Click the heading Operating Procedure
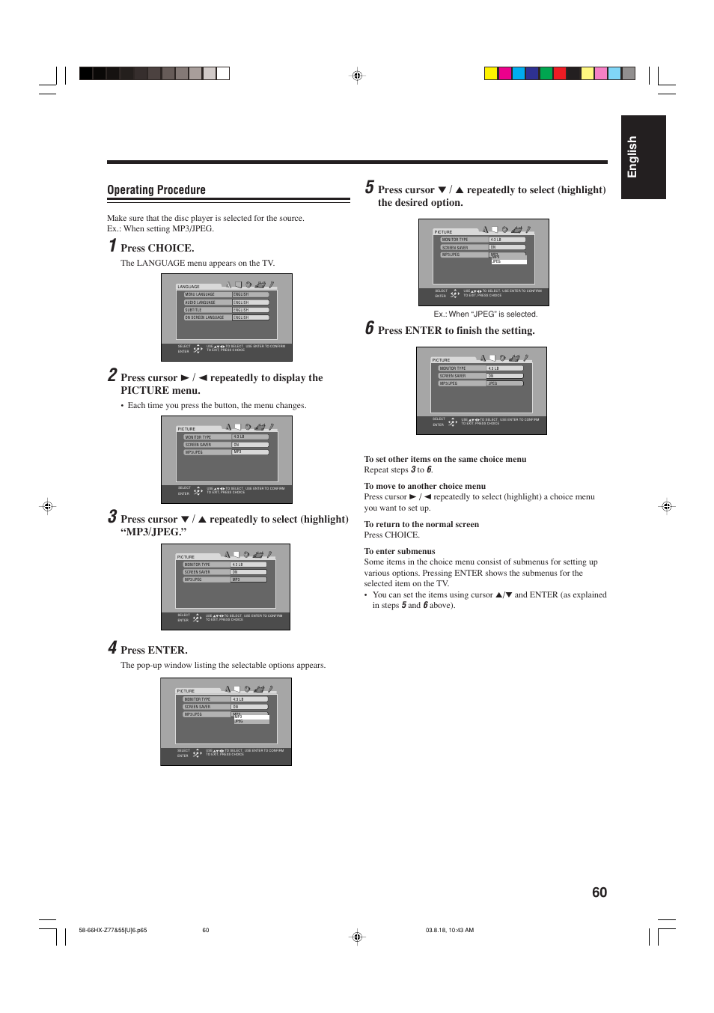click(x=156, y=190)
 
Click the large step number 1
click(x=112, y=246)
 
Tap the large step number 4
click(x=112, y=648)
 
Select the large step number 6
click(x=370, y=328)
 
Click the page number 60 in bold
click(x=599, y=892)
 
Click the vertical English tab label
click(x=632, y=157)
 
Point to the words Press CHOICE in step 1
click(x=157, y=249)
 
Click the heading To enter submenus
click(x=399, y=551)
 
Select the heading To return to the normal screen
click(x=421, y=524)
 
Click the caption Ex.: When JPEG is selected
click(x=485, y=314)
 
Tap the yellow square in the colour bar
click(x=491, y=73)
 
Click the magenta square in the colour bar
click(x=505, y=73)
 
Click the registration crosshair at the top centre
click(x=357, y=76)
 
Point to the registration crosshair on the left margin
click(x=47, y=507)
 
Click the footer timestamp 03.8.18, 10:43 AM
click(x=449, y=930)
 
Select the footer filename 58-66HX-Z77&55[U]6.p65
click(x=112, y=930)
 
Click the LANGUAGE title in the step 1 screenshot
click(x=189, y=287)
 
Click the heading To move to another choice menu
click(x=424, y=486)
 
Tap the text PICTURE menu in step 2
click(x=160, y=391)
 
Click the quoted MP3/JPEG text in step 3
click(x=153, y=532)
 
